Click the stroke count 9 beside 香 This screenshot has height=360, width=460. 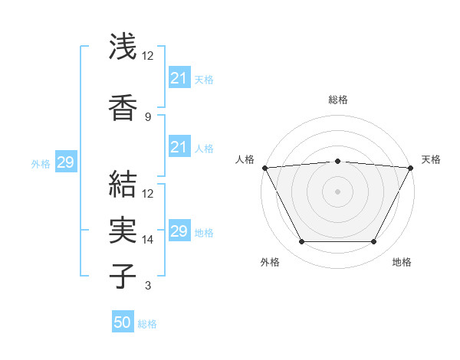click(148, 117)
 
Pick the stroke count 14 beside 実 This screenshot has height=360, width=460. click(148, 240)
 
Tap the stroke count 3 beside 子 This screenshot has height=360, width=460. click(148, 286)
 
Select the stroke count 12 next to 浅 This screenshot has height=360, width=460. click(148, 56)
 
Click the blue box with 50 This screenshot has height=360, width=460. click(123, 322)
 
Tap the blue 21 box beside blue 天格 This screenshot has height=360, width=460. click(179, 77)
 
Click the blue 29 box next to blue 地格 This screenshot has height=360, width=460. click(179, 231)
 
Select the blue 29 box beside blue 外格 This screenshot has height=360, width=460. click(65, 162)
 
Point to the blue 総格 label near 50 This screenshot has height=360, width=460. click(147, 324)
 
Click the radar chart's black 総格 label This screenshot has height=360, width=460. click(338, 100)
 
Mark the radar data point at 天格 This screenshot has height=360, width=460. click(412, 168)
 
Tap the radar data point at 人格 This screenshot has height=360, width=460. click(264, 168)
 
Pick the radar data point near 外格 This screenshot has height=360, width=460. click(301, 242)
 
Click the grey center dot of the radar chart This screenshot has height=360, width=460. click(338, 191)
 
